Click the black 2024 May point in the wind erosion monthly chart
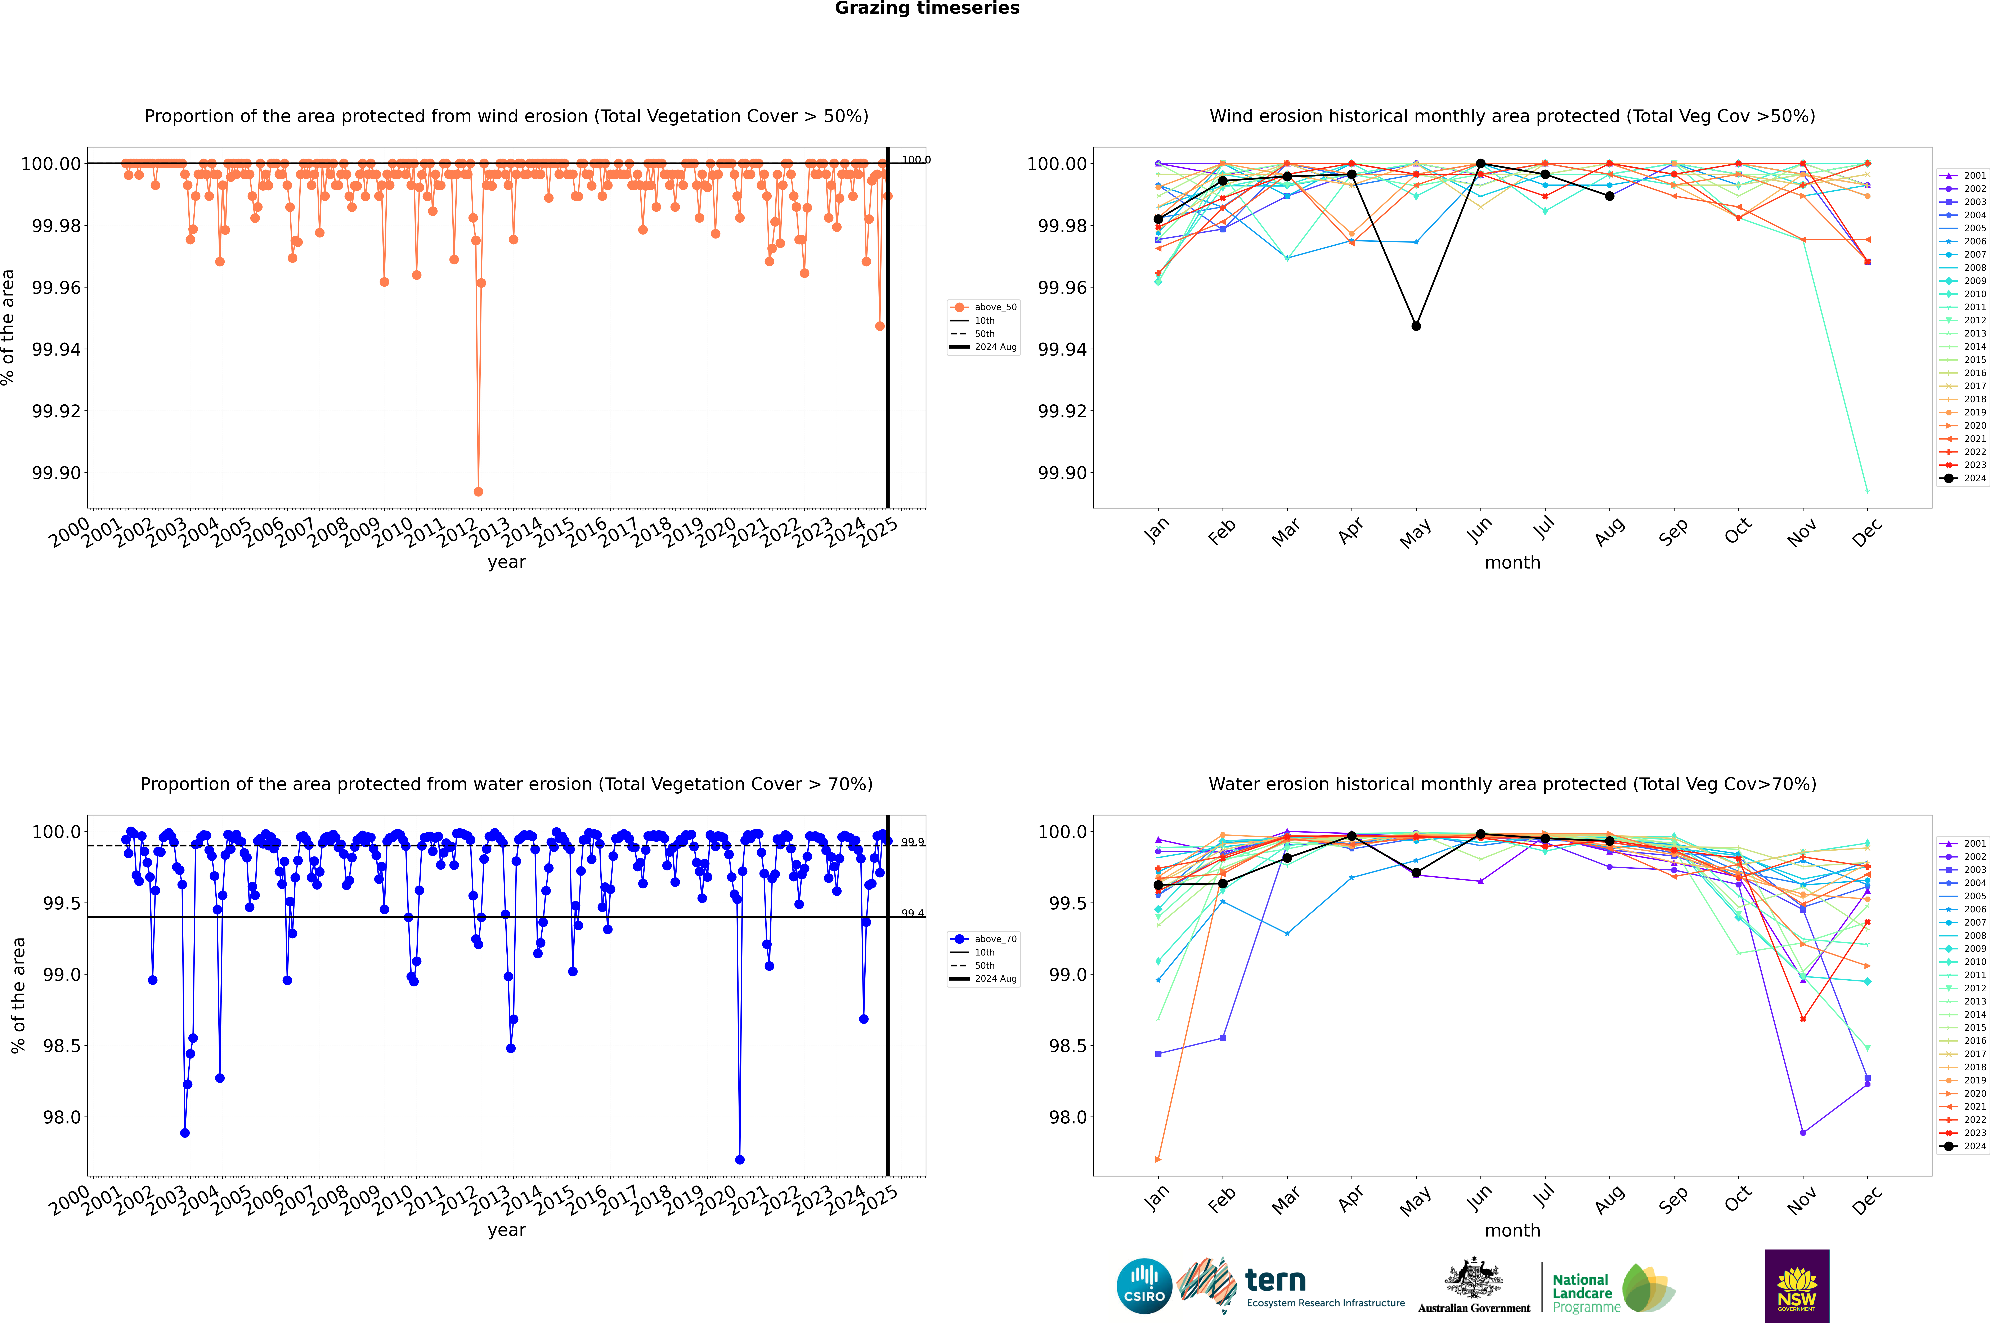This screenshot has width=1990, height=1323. tap(1416, 326)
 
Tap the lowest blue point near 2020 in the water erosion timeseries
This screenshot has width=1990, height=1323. tap(740, 1159)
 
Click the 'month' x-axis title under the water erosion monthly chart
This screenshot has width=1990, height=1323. tap(1512, 1230)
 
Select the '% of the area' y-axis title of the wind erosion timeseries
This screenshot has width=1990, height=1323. tap(8, 327)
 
